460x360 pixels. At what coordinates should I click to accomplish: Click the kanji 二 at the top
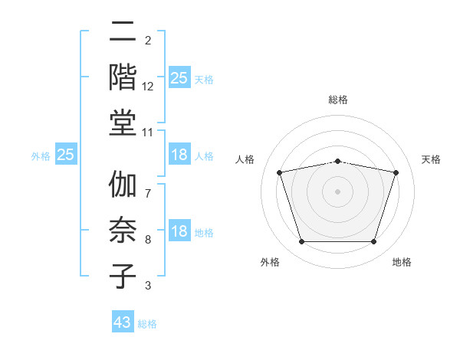(x=123, y=32)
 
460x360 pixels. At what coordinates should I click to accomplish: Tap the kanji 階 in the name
(x=123, y=77)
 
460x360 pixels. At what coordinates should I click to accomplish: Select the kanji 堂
(x=123, y=123)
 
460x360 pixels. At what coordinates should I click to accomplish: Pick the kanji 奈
(x=123, y=230)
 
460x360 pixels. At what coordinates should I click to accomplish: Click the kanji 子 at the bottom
(x=123, y=276)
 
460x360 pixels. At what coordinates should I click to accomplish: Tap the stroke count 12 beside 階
(x=148, y=87)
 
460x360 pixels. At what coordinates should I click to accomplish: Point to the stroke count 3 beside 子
(x=148, y=286)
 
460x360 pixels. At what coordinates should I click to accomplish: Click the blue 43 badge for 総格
(x=123, y=322)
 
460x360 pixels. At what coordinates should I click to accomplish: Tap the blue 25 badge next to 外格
(x=66, y=155)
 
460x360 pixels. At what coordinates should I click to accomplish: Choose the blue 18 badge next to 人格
(x=179, y=155)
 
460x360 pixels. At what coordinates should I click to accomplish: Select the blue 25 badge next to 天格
(x=179, y=77)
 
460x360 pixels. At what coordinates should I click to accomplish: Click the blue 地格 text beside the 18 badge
(x=204, y=233)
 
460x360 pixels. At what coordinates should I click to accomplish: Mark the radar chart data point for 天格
(x=396, y=173)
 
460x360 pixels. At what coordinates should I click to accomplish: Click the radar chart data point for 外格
(x=301, y=242)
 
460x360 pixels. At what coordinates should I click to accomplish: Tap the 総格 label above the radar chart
(x=338, y=100)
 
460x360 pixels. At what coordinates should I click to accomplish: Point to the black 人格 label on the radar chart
(x=245, y=159)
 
